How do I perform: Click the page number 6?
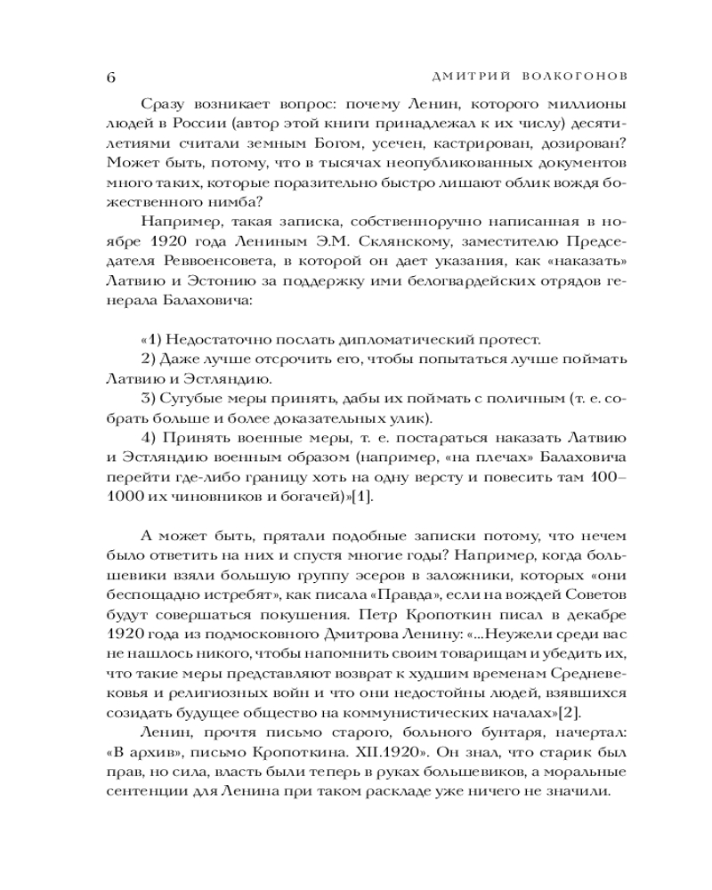pos(110,76)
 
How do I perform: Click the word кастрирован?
pos(477,143)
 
